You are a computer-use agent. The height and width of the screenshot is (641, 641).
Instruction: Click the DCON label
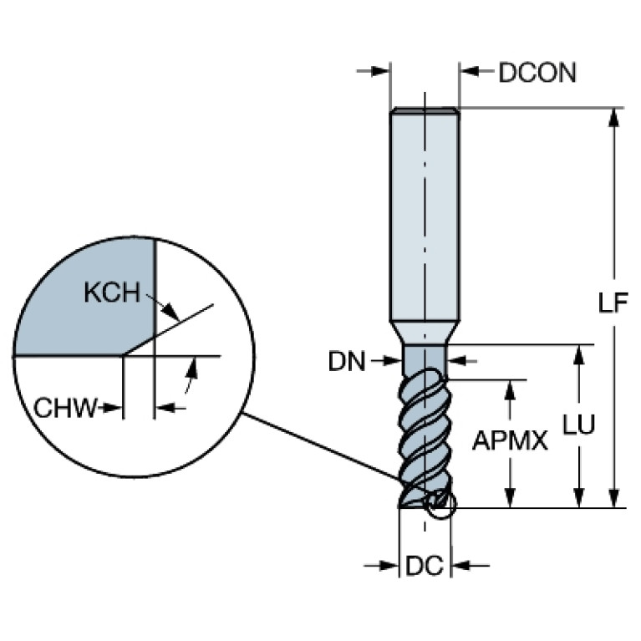point(537,73)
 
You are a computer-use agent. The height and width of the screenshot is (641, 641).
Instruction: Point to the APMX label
point(510,440)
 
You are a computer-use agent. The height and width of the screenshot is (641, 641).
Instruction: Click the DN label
point(347,361)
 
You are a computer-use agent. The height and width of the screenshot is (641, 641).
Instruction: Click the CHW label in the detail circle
point(62,408)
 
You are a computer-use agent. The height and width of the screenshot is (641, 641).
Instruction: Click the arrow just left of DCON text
point(473,72)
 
